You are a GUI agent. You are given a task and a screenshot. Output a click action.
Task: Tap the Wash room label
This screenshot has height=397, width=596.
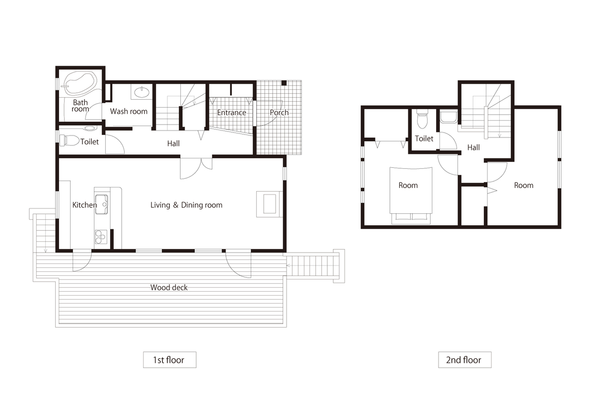[x=129, y=111]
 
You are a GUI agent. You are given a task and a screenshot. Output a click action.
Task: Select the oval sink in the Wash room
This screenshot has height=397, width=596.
[x=142, y=92]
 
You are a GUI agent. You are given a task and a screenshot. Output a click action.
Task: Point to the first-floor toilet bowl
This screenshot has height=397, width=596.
[x=70, y=140]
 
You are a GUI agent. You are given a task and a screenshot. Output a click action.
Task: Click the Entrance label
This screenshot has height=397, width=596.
[x=231, y=113]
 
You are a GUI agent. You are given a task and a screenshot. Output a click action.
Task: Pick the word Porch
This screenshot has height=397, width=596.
[x=279, y=113]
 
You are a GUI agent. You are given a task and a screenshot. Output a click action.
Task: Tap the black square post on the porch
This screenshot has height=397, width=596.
[x=284, y=83]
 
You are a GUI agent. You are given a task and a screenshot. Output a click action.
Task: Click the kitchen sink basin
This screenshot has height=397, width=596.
[x=101, y=204]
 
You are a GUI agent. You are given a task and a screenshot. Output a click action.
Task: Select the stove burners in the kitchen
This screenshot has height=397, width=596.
[x=101, y=237]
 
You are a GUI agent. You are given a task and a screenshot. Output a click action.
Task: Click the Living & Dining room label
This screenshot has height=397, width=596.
[x=186, y=205]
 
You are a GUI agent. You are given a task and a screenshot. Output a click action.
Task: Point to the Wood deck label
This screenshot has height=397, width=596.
[x=169, y=287]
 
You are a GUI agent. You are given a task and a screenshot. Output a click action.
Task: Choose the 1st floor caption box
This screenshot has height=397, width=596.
[x=170, y=360]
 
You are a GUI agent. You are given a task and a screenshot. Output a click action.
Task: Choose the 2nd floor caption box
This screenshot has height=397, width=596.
[x=465, y=360]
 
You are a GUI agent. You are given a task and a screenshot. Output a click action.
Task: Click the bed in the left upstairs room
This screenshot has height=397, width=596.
[x=411, y=196]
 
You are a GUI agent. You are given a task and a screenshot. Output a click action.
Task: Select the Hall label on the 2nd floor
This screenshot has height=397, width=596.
[x=474, y=147]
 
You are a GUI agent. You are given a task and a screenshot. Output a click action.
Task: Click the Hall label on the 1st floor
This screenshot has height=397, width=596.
[x=173, y=143]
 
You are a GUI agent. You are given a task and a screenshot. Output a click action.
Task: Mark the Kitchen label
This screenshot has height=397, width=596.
[x=84, y=205]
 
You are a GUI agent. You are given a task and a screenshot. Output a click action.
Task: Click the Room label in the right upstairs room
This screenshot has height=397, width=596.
[x=523, y=185]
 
